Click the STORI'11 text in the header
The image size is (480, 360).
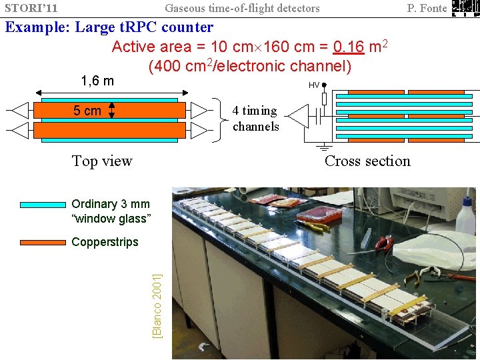pyautogui.click(x=32, y=8)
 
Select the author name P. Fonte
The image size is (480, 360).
pyautogui.click(x=427, y=8)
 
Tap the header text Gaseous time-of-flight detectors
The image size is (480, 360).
pyautogui.click(x=242, y=8)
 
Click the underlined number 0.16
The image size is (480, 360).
pyautogui.click(x=347, y=47)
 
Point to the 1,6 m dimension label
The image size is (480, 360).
pyautogui.click(x=97, y=81)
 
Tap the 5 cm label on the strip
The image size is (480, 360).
pyautogui.click(x=87, y=111)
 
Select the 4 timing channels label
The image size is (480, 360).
pyautogui.click(x=256, y=119)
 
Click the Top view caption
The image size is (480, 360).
pyautogui.click(x=102, y=161)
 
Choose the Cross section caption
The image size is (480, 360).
pyautogui.click(x=367, y=161)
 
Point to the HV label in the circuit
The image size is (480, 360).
pyautogui.click(x=313, y=85)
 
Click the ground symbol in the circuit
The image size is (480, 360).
pyautogui.click(x=324, y=146)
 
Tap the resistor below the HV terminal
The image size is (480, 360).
pyautogui.click(x=324, y=99)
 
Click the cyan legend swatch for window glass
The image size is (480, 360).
pyautogui.click(x=43, y=205)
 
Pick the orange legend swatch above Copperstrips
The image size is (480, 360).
pyautogui.click(x=43, y=242)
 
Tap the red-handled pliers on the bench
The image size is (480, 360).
pyautogui.click(x=383, y=244)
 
